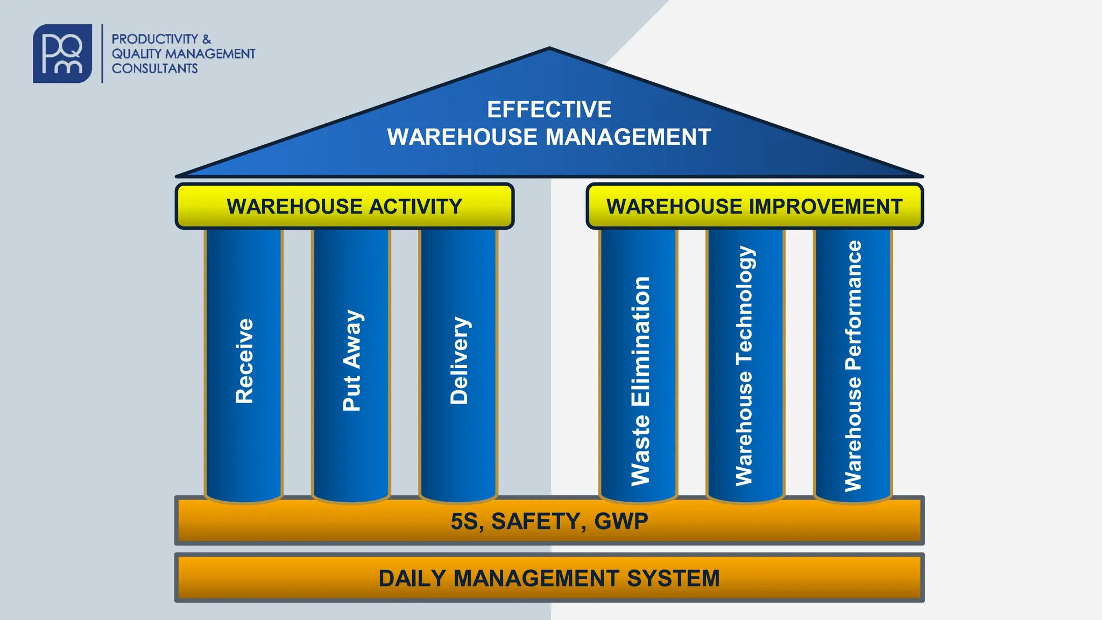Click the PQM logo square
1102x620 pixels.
[x=62, y=53]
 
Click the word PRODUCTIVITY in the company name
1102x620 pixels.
[x=155, y=39]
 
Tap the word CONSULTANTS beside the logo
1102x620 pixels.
[x=155, y=68]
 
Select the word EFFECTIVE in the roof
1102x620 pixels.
[x=549, y=109]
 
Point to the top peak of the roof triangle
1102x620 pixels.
[x=549, y=50]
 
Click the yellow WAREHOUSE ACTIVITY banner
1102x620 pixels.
[x=344, y=206]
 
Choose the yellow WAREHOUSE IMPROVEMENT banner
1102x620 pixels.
[x=754, y=206]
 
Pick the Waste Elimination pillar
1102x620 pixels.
[x=639, y=377]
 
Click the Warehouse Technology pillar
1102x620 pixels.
[x=745, y=366]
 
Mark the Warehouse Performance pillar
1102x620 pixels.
[x=853, y=366]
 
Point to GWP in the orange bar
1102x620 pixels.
[x=621, y=522]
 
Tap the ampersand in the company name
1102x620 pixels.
[x=207, y=39]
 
